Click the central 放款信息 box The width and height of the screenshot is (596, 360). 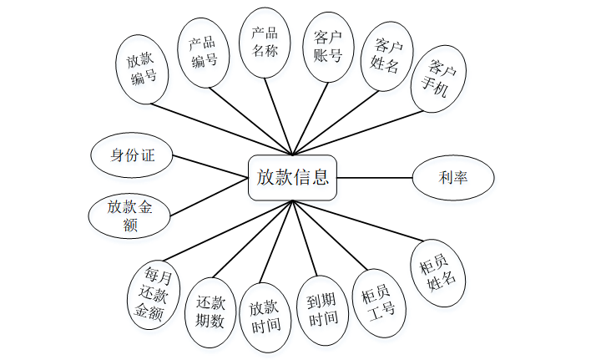tap(292, 177)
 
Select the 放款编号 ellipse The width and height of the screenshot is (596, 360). tap(142, 69)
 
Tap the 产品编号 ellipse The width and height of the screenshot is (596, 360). tap(204, 51)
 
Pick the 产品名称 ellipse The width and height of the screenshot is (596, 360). tap(265, 41)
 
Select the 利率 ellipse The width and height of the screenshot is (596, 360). tap(452, 177)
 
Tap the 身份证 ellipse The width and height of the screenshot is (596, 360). tap(133, 155)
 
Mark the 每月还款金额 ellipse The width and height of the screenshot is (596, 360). tap(155, 293)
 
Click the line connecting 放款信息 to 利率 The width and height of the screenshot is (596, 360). tap(375, 177)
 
